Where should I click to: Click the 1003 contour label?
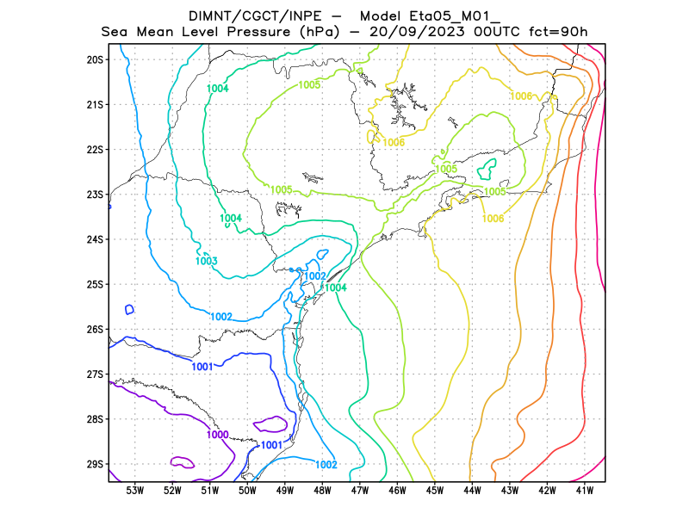pyautogui.click(x=206, y=261)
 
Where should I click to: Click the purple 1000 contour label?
pyautogui.click(x=218, y=435)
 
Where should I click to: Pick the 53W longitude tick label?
pyautogui.click(x=135, y=491)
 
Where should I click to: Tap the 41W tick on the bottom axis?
pyautogui.click(x=586, y=491)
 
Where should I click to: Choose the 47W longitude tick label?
pyautogui.click(x=360, y=491)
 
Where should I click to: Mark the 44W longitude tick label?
pyautogui.click(x=473, y=491)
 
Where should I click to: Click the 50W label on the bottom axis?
pyautogui.click(x=247, y=491)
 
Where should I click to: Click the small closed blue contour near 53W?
pyautogui.click(x=129, y=310)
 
